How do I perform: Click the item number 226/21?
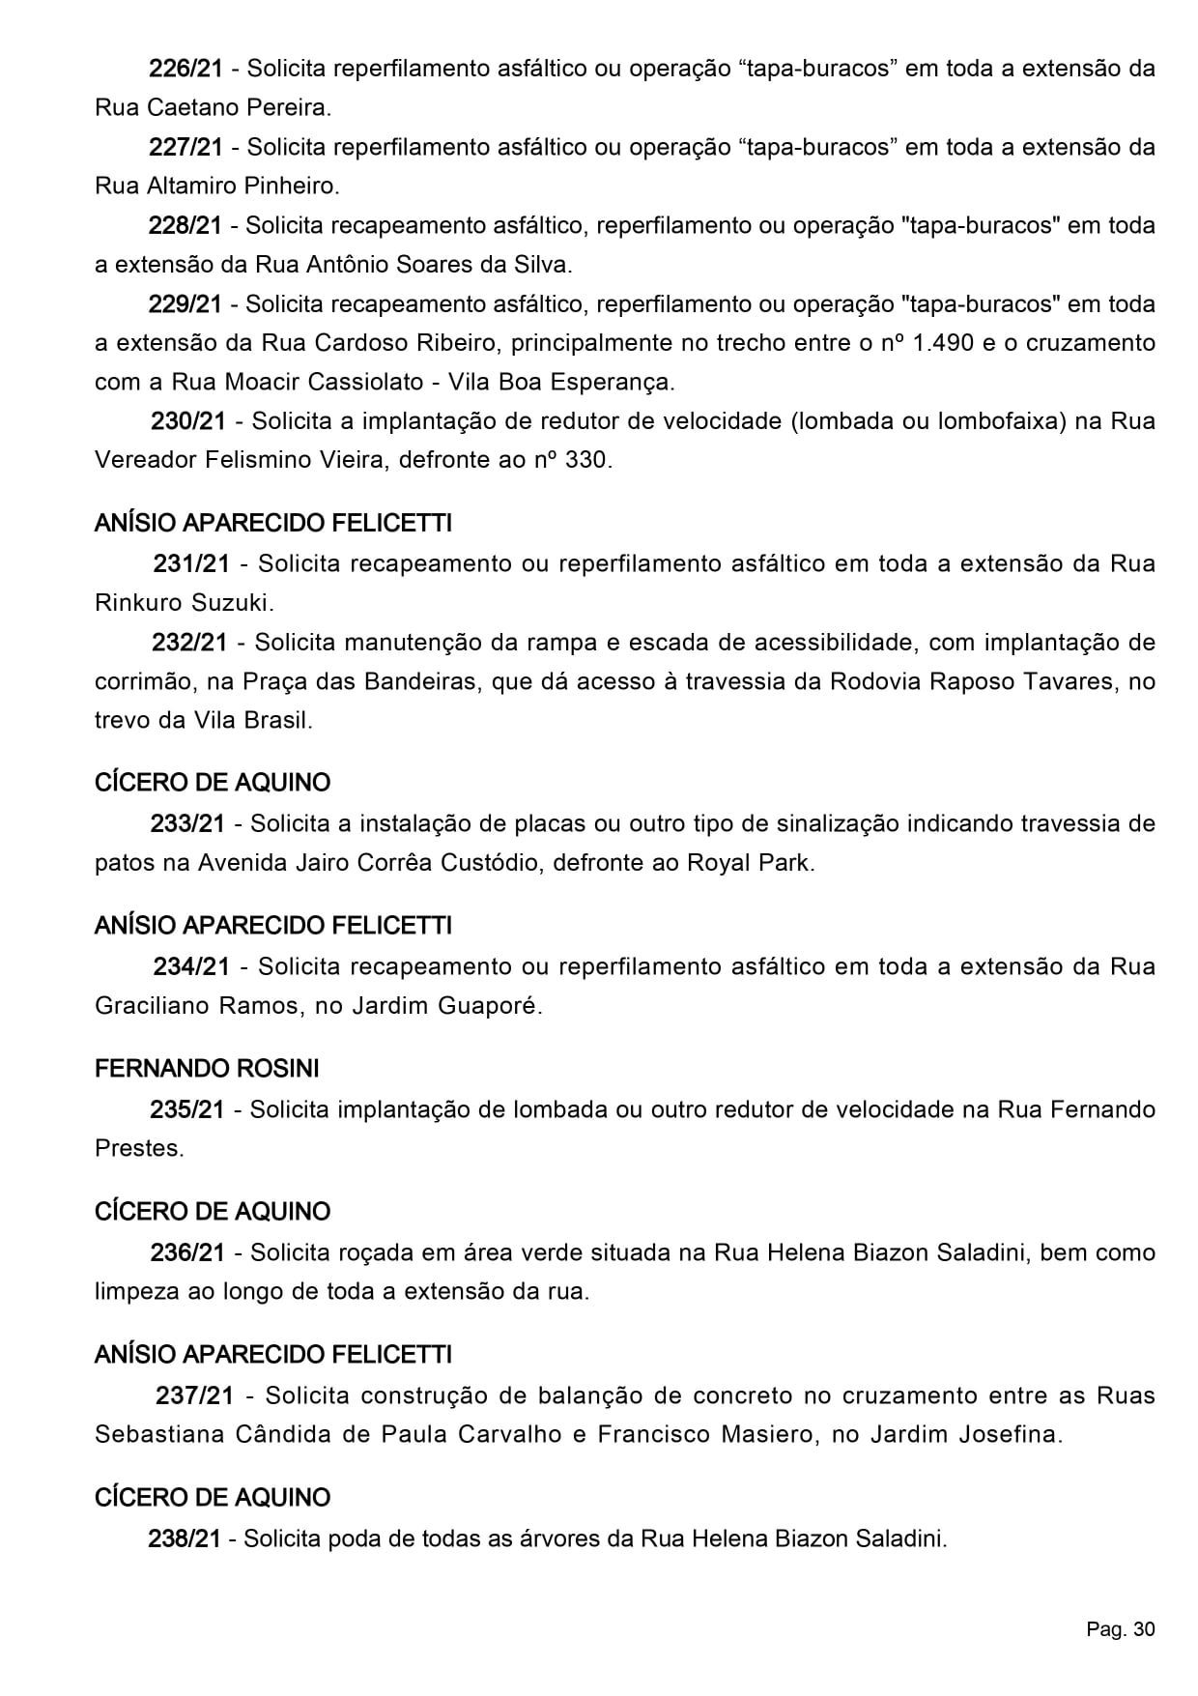coord(185,69)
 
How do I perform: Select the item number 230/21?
coord(187,421)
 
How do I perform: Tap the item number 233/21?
coord(187,823)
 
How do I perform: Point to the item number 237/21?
coord(194,1395)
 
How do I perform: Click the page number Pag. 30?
coord(1120,1629)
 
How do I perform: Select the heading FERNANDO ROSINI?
coord(207,1069)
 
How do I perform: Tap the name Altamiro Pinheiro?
coord(242,187)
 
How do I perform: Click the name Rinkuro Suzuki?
coord(184,604)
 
